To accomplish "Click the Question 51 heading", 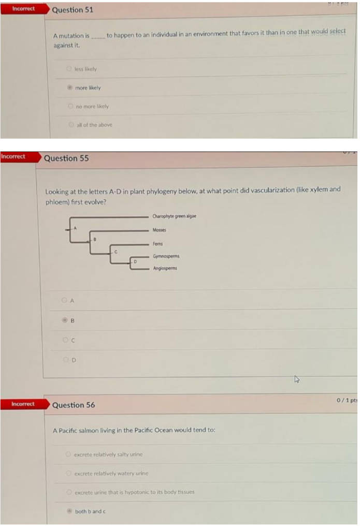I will [73, 10].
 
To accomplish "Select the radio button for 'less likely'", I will [69, 69].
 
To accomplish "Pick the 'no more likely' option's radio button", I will [69, 106].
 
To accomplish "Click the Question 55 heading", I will [66, 158].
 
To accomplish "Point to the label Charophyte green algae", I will [175, 216].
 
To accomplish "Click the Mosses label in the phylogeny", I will [159, 230].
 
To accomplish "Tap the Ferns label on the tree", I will [158, 244].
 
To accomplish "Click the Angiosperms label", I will [165, 269].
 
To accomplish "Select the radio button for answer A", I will [64, 300].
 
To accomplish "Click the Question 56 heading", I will [74, 405].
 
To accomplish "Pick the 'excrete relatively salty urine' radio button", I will [68, 454].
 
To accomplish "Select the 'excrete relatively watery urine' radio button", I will [68, 473].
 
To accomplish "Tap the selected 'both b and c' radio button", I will [68, 511].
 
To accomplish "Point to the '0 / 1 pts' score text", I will [346, 400].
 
